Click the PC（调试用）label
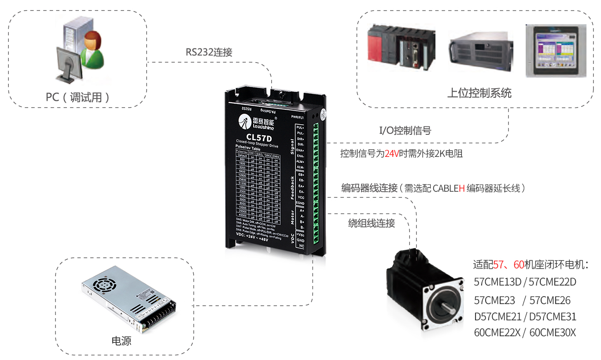point(78,97)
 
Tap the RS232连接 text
point(209,52)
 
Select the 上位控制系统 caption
point(479,93)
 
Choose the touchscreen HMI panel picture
point(556,51)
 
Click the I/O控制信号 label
point(405,130)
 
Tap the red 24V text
point(391,154)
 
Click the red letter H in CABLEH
point(462,188)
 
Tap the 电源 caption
point(122,341)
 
